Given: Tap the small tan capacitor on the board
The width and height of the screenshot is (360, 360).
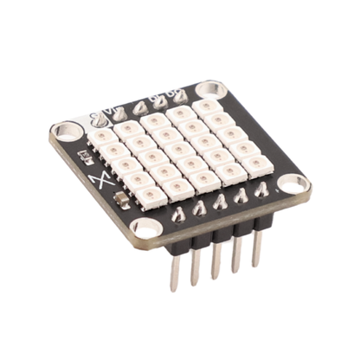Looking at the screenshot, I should point(125,202).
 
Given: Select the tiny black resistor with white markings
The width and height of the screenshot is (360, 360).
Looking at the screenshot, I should point(87,157).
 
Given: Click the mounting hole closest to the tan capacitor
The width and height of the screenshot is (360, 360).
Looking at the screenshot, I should point(146,228).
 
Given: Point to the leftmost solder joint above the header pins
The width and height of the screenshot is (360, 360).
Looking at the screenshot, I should point(177,213).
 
